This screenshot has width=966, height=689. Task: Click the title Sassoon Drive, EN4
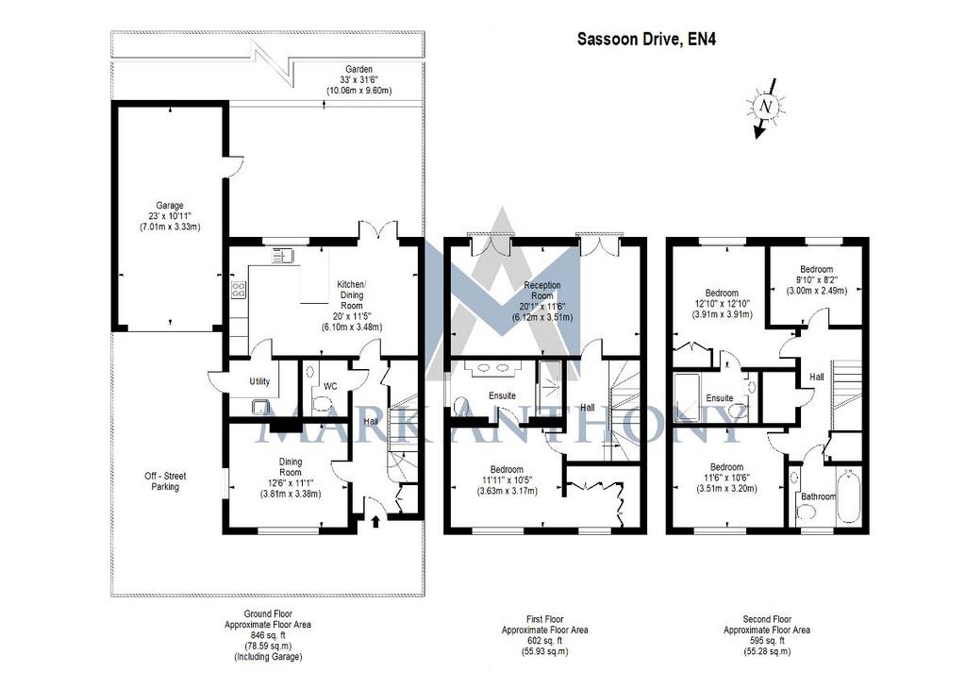point(646,40)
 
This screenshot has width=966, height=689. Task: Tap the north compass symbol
point(766,108)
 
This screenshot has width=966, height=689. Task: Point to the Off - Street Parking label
point(165,481)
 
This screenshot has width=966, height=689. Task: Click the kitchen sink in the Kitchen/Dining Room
point(282,256)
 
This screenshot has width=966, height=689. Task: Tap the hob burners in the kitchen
point(239,290)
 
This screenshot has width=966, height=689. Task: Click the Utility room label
point(259,381)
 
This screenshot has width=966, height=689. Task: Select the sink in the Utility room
point(262,406)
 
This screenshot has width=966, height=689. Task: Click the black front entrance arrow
point(375,522)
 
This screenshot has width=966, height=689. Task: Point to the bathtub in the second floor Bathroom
point(850,497)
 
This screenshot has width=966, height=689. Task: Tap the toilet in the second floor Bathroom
point(807,512)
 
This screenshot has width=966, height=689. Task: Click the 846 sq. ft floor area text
point(267,635)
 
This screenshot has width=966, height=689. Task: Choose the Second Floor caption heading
point(767,619)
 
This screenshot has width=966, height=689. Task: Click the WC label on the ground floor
point(330,386)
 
